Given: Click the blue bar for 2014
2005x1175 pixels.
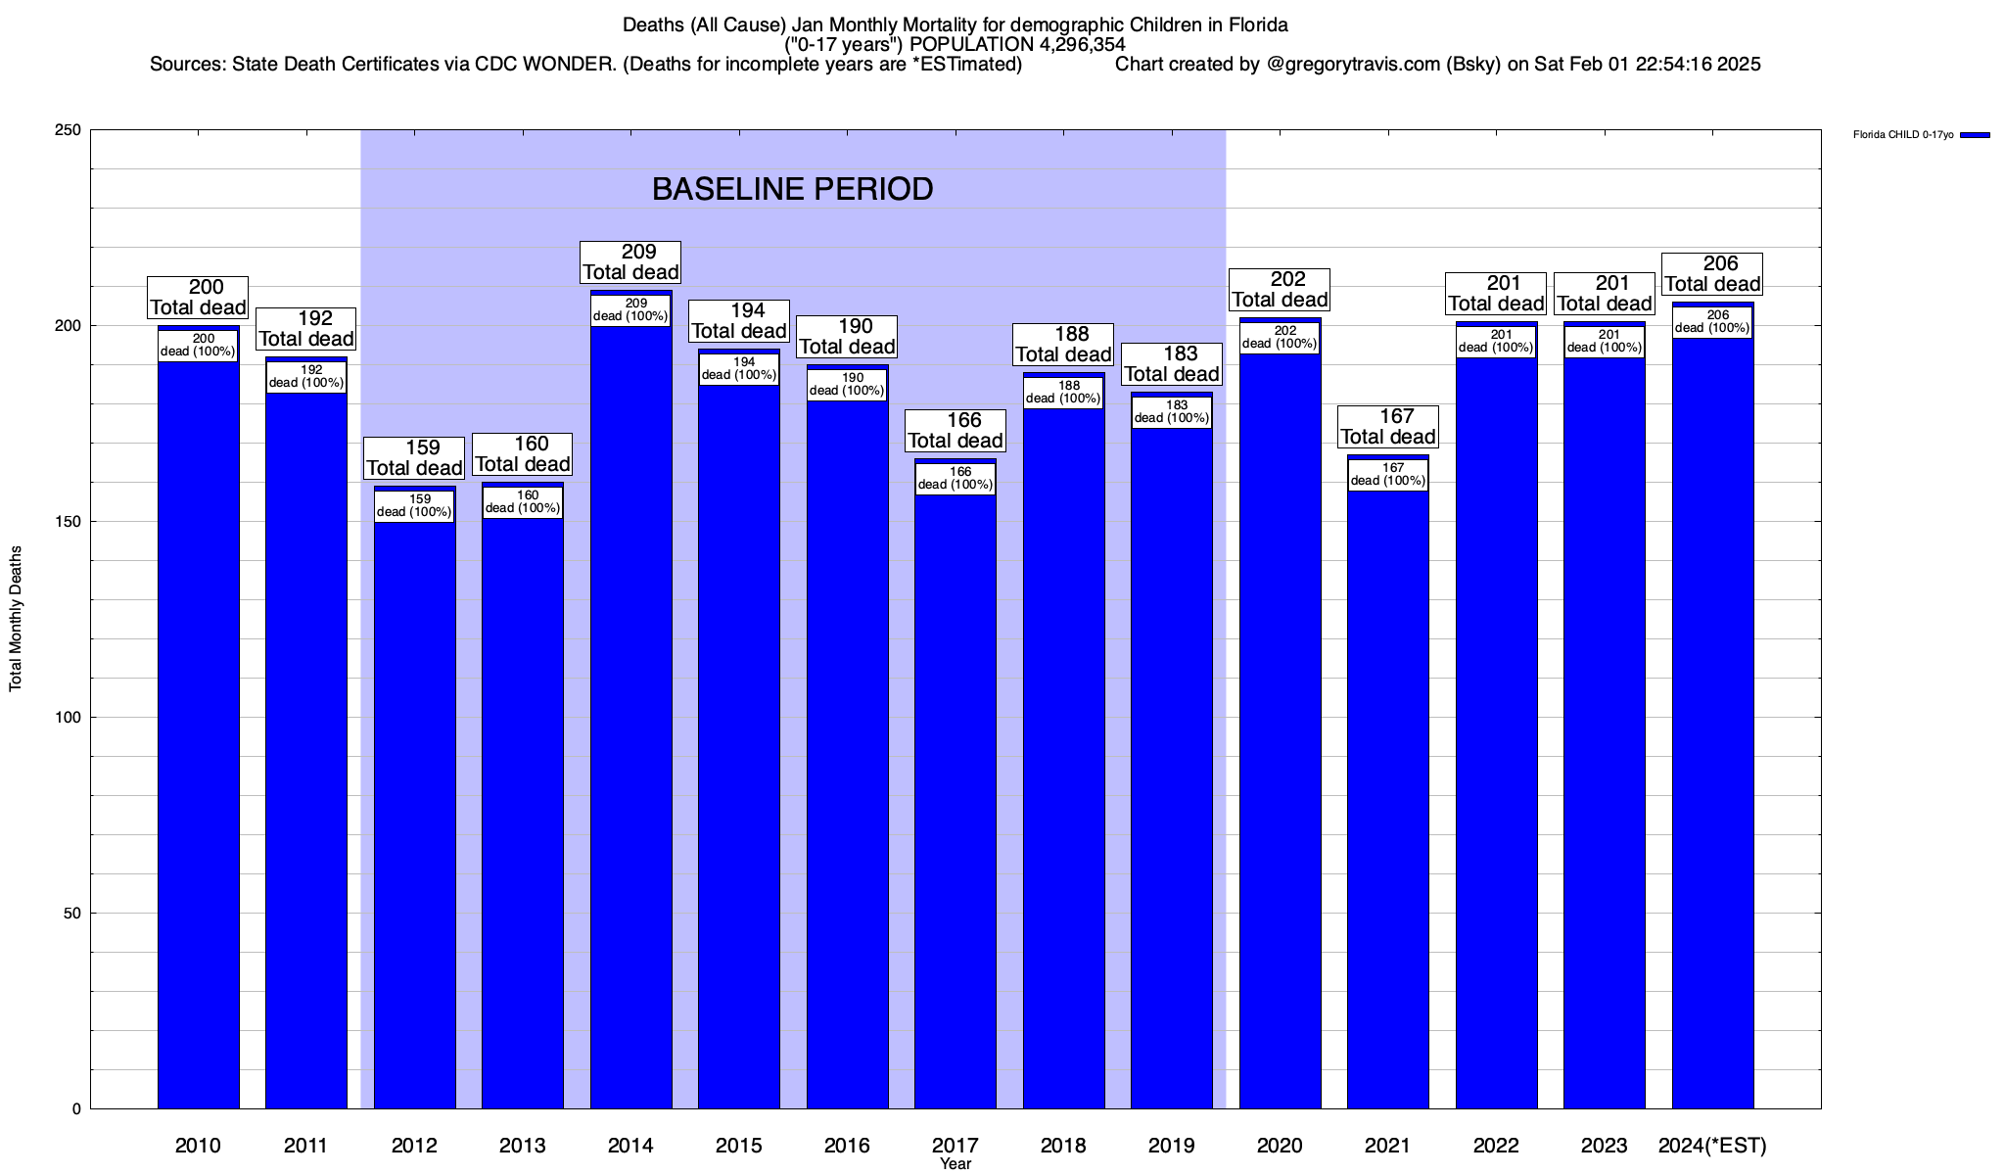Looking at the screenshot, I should tap(631, 715).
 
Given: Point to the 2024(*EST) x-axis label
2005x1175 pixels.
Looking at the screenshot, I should tap(1712, 1146).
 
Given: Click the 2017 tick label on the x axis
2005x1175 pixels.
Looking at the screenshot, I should tap(956, 1146).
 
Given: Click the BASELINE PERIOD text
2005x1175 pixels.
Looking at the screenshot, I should tap(793, 189).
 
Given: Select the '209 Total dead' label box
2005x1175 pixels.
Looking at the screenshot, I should tap(630, 262).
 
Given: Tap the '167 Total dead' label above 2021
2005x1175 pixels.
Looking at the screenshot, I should tap(1388, 427).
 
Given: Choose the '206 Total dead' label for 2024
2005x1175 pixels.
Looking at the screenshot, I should tap(1713, 274).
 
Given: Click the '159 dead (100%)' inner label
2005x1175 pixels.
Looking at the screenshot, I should tap(414, 506).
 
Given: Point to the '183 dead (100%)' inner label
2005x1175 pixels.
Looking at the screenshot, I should tap(1172, 412).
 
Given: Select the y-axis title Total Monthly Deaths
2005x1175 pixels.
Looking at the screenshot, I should tap(16, 619).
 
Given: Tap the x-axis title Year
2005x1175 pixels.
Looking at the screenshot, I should tap(956, 1164).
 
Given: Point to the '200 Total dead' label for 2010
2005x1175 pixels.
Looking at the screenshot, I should tap(198, 298).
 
